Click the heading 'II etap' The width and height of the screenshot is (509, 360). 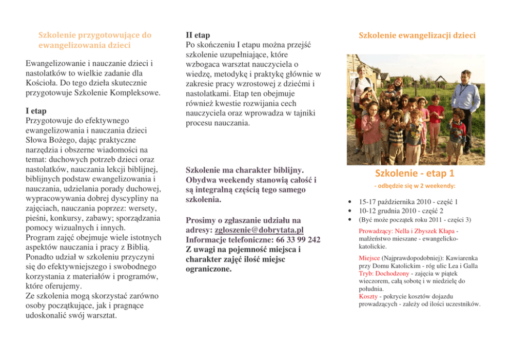click(197, 35)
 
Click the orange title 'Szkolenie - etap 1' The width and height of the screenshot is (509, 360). click(415, 174)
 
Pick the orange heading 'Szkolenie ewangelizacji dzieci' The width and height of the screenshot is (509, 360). click(417, 35)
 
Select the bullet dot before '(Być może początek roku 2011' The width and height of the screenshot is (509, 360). click(349, 220)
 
